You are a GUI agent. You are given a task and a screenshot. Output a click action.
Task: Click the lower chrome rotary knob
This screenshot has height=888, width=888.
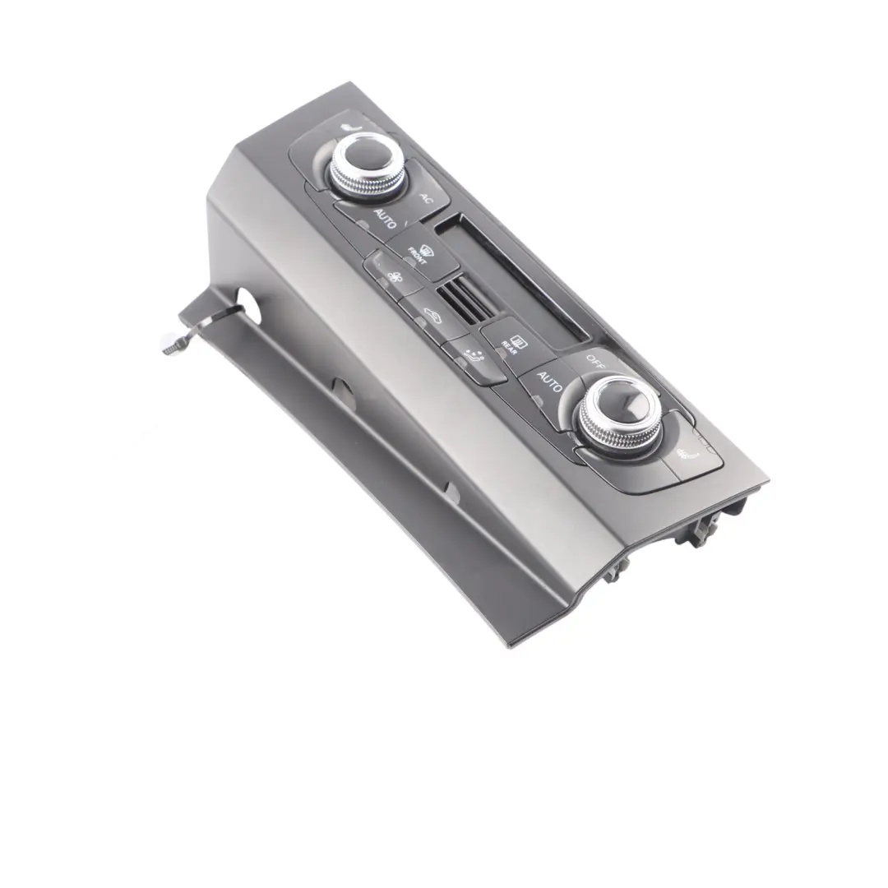click(x=618, y=411)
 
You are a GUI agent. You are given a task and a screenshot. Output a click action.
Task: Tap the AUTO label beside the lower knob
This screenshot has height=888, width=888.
click(x=549, y=382)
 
